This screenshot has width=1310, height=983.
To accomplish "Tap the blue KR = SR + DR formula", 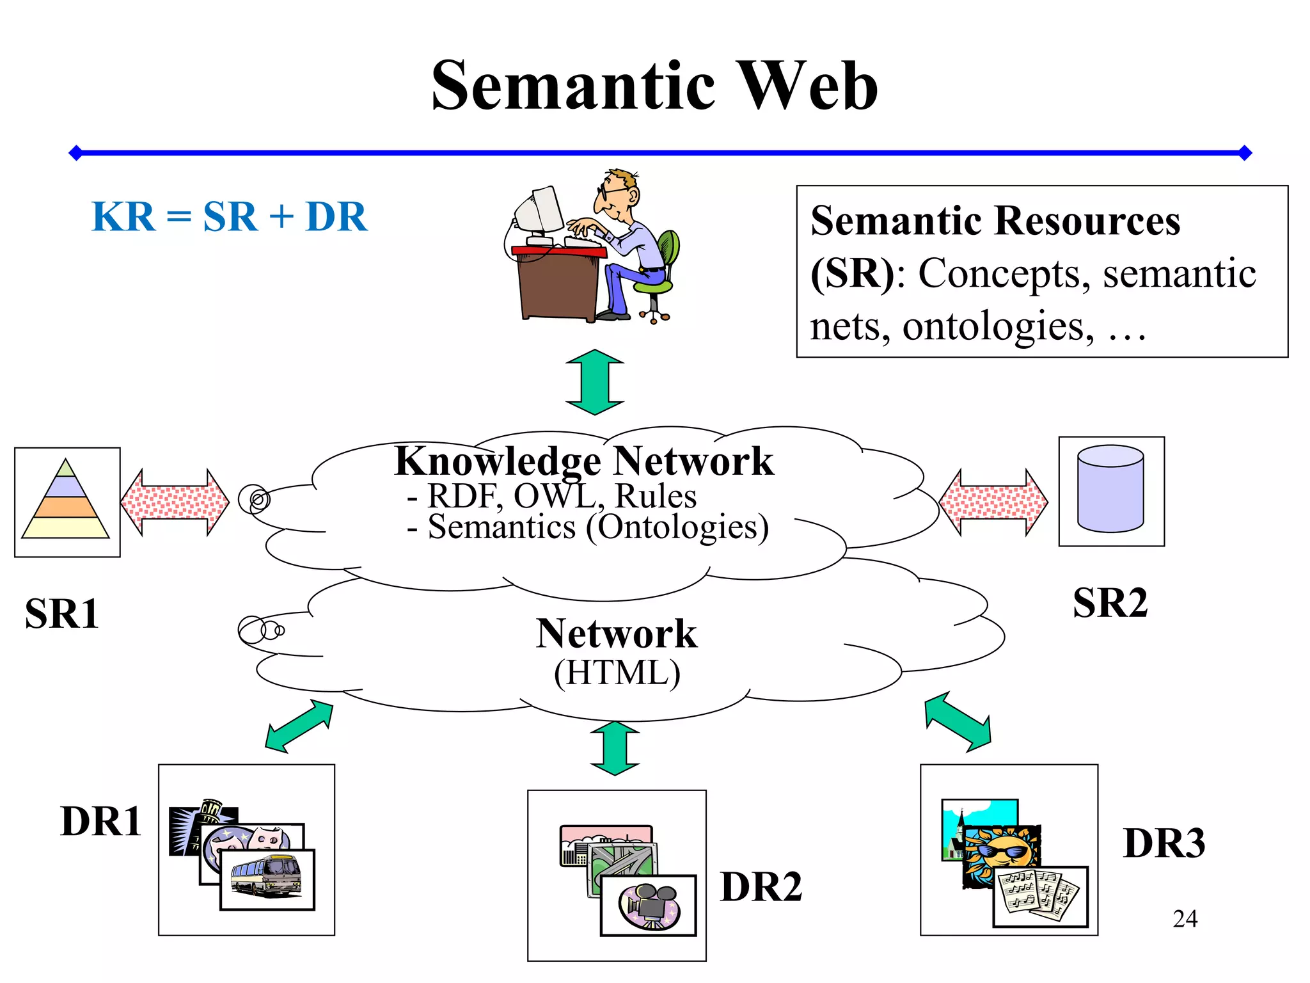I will [229, 216].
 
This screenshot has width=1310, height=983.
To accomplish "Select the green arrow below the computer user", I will [594, 382].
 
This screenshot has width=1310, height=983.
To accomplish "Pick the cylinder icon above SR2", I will [1110, 490].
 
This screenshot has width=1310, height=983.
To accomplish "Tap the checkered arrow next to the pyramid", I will [175, 502].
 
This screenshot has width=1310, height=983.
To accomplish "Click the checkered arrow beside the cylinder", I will [993, 502].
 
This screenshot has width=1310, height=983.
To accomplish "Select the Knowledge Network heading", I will [583, 461].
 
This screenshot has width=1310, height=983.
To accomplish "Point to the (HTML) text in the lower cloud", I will [617, 673].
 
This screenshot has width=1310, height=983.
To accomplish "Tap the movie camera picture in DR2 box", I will [648, 904].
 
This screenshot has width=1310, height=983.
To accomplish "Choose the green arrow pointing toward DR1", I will [299, 726].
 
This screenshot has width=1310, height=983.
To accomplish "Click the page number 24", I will [1185, 918].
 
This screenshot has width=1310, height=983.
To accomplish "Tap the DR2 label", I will [761, 887].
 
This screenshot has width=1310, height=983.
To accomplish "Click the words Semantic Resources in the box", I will [995, 221].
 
